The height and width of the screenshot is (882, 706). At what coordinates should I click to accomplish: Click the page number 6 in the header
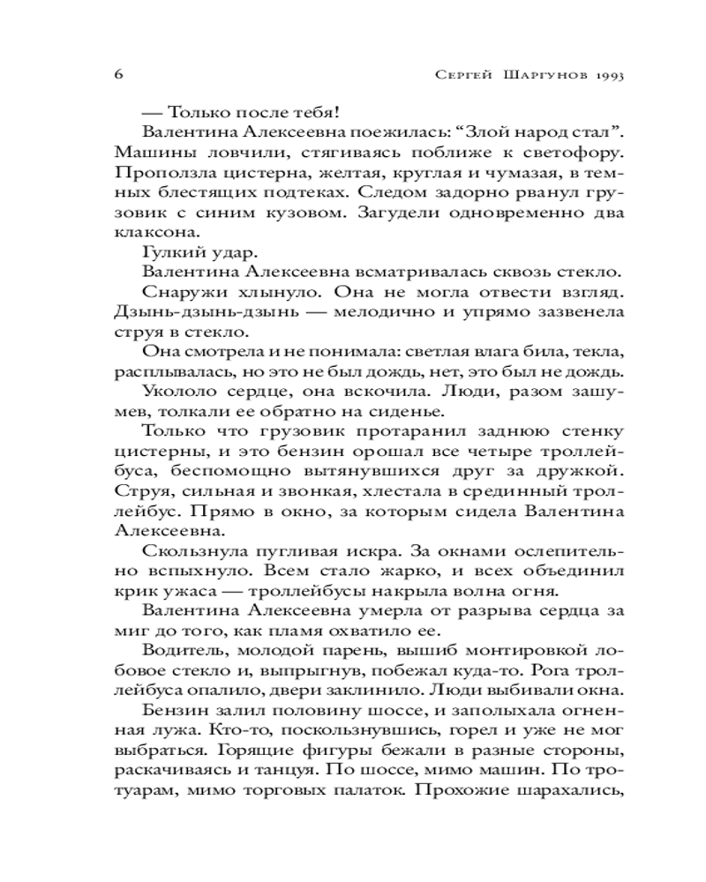(118, 74)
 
